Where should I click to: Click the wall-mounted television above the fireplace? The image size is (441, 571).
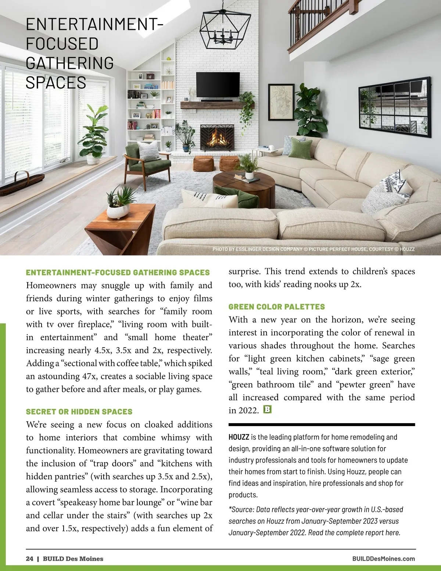click(218, 85)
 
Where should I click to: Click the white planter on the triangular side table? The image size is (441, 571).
click(118, 211)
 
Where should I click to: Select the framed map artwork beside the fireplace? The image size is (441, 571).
click(281, 102)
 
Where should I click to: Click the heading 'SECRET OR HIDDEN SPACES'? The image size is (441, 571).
click(79, 411)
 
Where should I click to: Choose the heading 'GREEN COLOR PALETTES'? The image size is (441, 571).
click(277, 307)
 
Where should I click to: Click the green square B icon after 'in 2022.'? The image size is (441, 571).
click(268, 409)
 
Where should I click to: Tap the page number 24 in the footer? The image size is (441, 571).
click(29, 559)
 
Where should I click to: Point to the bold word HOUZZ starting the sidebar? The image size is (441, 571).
click(239, 437)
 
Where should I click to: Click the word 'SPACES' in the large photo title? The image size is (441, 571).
click(56, 83)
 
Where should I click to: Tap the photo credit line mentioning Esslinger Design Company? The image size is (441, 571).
click(313, 249)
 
